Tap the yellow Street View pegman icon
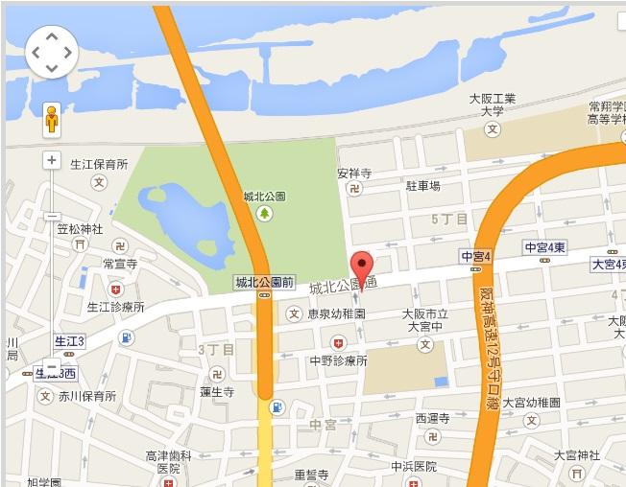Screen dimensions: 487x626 click(x=51, y=120)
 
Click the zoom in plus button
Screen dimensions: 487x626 click(x=51, y=160)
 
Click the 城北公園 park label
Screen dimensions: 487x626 click(x=261, y=197)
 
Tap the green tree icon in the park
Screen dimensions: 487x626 click(x=261, y=213)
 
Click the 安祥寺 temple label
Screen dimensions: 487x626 click(x=353, y=174)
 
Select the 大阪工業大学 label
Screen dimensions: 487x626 click(x=493, y=104)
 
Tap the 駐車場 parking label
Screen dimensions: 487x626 click(x=422, y=185)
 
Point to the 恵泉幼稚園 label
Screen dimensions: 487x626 click(x=335, y=313)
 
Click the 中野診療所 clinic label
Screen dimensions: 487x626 click(x=338, y=360)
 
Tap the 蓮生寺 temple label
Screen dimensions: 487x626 click(x=217, y=392)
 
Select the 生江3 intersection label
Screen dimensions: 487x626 click(x=68, y=340)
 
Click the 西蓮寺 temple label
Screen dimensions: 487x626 click(x=433, y=418)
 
